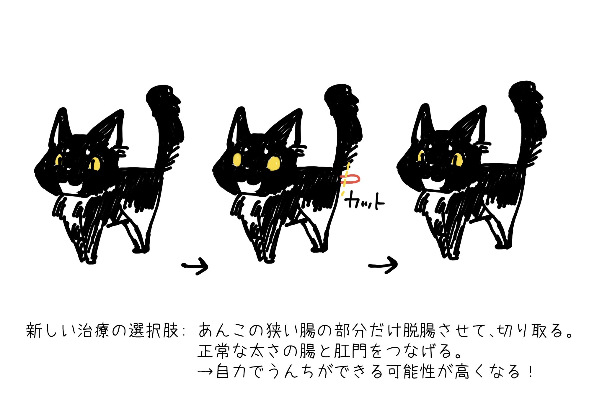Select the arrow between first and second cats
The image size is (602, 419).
[195, 266]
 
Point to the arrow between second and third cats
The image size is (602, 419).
[383, 265]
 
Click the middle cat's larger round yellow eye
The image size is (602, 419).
[274, 164]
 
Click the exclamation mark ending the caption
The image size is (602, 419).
[531, 371]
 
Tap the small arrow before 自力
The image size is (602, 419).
[205, 372]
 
